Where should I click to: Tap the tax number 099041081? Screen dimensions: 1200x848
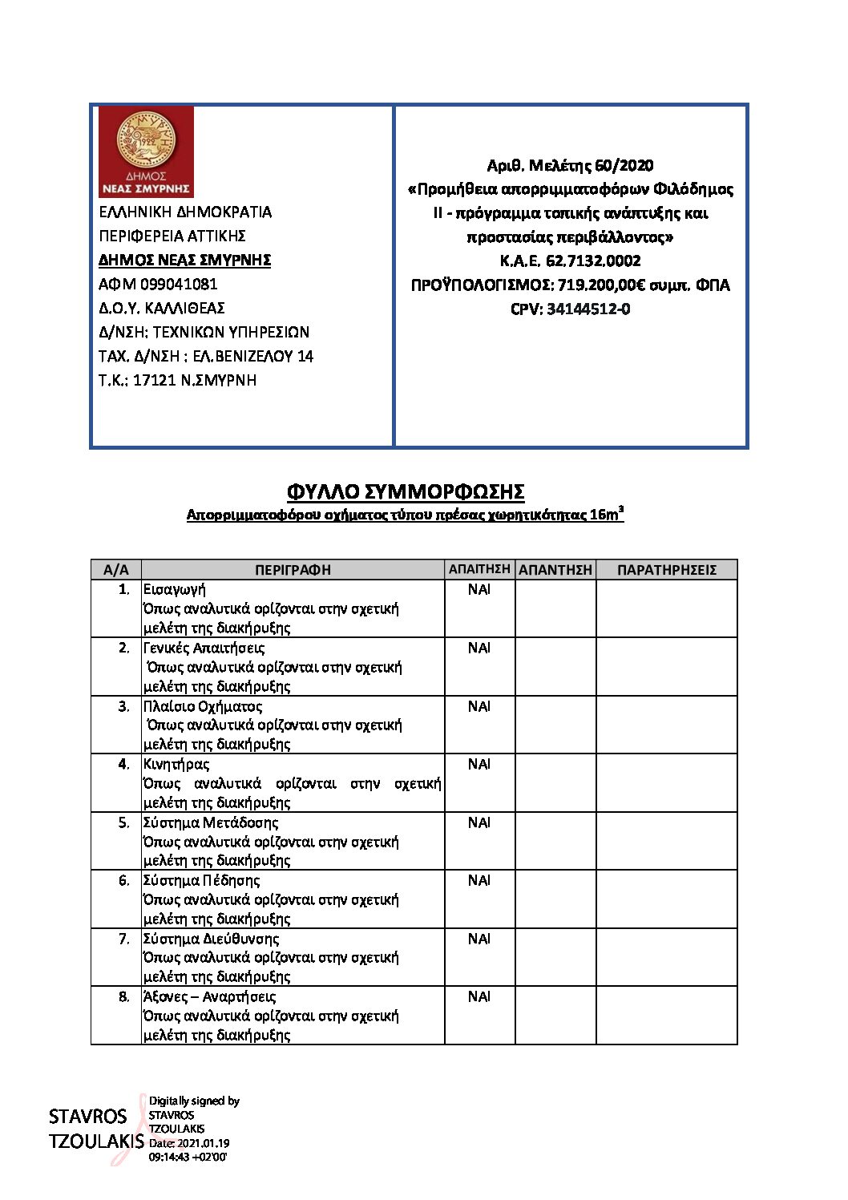[x=179, y=284]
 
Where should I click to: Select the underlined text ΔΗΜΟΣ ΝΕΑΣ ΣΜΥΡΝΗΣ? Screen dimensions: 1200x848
[x=184, y=260]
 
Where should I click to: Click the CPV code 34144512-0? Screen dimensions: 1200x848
[x=588, y=309]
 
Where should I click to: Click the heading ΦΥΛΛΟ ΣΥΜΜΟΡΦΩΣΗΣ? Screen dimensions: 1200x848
[x=406, y=491]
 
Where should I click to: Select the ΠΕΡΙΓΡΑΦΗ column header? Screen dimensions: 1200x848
[x=293, y=570]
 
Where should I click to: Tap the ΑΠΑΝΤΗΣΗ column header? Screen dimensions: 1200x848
[x=555, y=570]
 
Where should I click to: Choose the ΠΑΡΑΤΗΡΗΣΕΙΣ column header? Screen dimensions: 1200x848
[x=666, y=570]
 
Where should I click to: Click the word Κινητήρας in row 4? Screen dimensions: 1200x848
[x=176, y=764]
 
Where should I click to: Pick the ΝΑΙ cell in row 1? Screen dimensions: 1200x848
[x=479, y=589]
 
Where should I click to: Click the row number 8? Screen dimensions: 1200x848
[x=123, y=996]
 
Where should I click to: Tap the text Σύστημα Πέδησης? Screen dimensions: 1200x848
[x=201, y=880]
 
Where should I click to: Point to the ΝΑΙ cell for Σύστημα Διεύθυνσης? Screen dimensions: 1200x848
[x=479, y=939]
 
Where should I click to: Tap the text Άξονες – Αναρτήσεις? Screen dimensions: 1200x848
[x=209, y=996]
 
